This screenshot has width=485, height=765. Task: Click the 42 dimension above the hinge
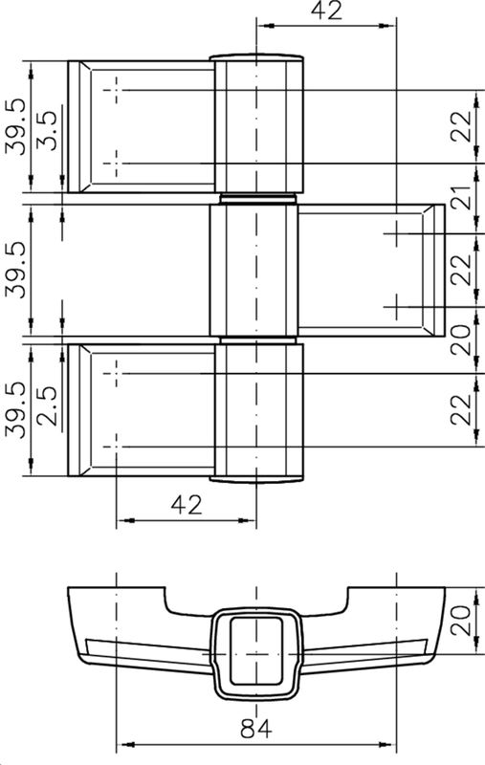pyautogui.click(x=324, y=11)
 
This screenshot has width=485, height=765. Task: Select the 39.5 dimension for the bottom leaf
pyautogui.click(x=15, y=411)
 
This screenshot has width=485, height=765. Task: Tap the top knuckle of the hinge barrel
pyautogui.click(x=256, y=124)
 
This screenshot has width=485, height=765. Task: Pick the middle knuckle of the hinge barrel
pyautogui.click(x=254, y=270)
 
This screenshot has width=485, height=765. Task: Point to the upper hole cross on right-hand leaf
pyautogui.click(x=394, y=233)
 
